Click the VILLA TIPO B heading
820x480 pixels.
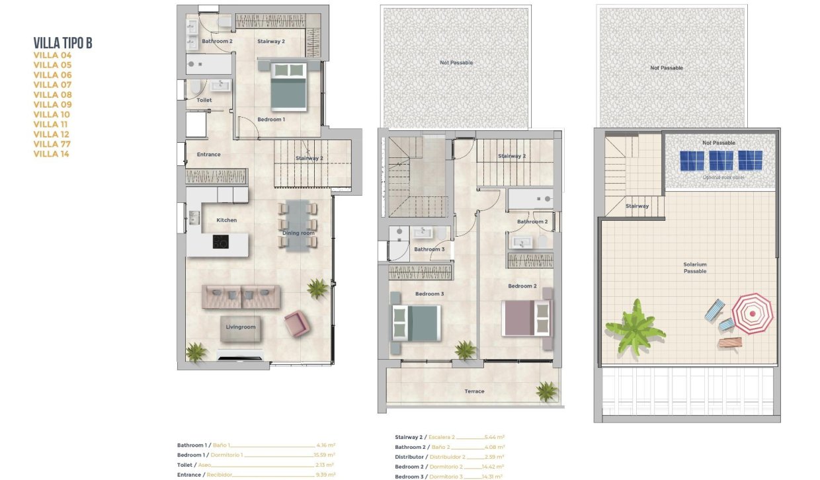point(63,44)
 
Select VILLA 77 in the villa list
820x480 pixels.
point(52,144)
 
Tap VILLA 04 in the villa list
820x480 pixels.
point(52,56)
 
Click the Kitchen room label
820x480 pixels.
point(226,220)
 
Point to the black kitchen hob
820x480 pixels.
point(221,242)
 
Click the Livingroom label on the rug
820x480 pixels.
point(240,327)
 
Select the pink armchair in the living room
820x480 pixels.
point(296,324)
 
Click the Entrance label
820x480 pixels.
point(208,155)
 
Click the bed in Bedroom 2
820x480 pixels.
point(526,318)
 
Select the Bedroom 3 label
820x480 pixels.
point(429,294)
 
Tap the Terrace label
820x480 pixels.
point(474,391)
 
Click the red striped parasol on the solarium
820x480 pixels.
point(752,313)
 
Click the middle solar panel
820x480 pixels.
point(721,161)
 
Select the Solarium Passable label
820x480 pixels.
point(695,268)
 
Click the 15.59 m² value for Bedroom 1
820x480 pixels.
point(324,455)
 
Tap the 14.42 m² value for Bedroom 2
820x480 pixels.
point(494,467)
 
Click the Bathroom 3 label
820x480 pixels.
point(429,249)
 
